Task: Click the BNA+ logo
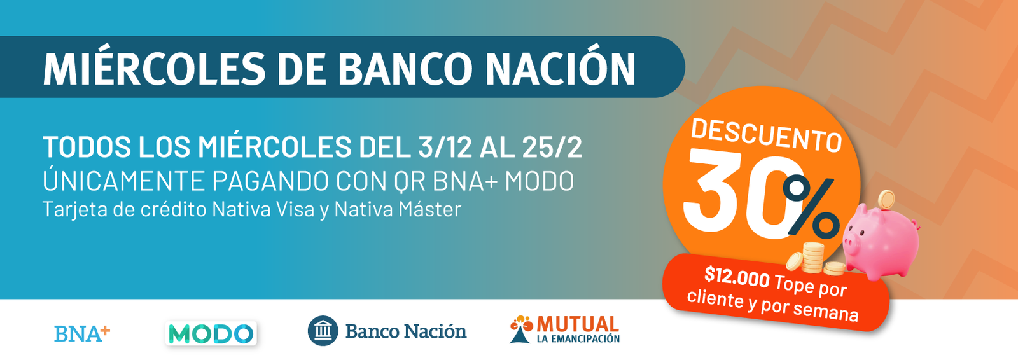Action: click(x=82, y=333)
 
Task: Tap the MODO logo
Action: click(x=211, y=333)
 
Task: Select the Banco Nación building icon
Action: click(x=323, y=331)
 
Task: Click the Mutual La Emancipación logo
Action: click(x=564, y=329)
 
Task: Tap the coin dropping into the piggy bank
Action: click(x=886, y=200)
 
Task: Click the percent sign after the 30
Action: click(x=811, y=207)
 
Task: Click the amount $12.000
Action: click(x=737, y=277)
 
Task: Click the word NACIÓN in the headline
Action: click(x=561, y=68)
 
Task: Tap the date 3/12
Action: click(x=445, y=147)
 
